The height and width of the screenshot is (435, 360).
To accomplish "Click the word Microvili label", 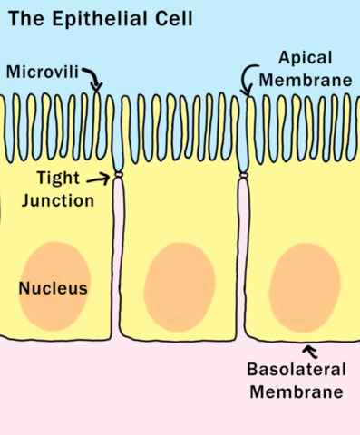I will [43, 72].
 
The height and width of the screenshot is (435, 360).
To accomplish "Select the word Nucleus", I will [53, 289].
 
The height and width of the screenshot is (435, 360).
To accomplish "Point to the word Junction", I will [59, 199].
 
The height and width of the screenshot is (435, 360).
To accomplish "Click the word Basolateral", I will [295, 371].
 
